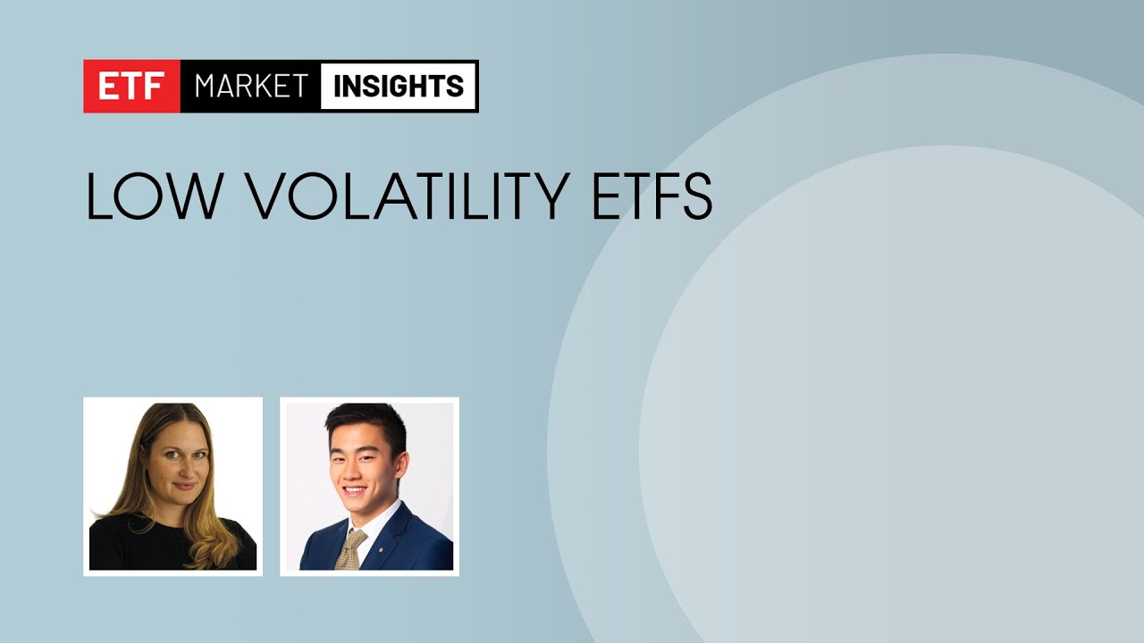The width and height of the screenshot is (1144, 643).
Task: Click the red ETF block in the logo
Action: (x=132, y=87)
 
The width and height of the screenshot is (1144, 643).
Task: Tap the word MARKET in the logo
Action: (x=251, y=87)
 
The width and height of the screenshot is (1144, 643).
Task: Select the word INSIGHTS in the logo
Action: (x=399, y=87)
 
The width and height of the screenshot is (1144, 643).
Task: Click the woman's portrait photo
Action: (x=172, y=486)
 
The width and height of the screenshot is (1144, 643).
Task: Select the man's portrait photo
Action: (x=369, y=486)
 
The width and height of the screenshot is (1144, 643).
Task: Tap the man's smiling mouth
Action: (x=355, y=489)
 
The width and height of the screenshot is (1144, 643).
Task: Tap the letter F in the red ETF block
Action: (x=160, y=87)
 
